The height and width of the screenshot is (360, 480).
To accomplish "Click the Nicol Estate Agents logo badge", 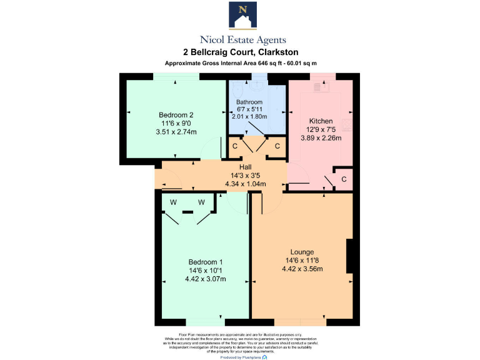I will pos(240,15).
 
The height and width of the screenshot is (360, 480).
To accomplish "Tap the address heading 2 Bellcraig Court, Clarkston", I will pos(240,52).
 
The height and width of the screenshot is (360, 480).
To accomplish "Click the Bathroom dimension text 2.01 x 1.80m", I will pos(249,116).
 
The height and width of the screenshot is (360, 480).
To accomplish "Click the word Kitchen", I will pos(321,121).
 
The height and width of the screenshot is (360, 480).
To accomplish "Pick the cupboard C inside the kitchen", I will pos(343,180).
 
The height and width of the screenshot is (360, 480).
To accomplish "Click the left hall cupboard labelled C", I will pos(235,146).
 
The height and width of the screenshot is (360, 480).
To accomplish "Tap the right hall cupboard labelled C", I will pos(277,146).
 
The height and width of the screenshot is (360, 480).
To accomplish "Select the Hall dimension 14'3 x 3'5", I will pos(245,176).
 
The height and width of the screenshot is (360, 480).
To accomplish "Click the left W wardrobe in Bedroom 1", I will pos(172,202).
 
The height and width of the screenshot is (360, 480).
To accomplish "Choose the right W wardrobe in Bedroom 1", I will pos(201,202).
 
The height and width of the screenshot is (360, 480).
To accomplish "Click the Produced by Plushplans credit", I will pos(244,357).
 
